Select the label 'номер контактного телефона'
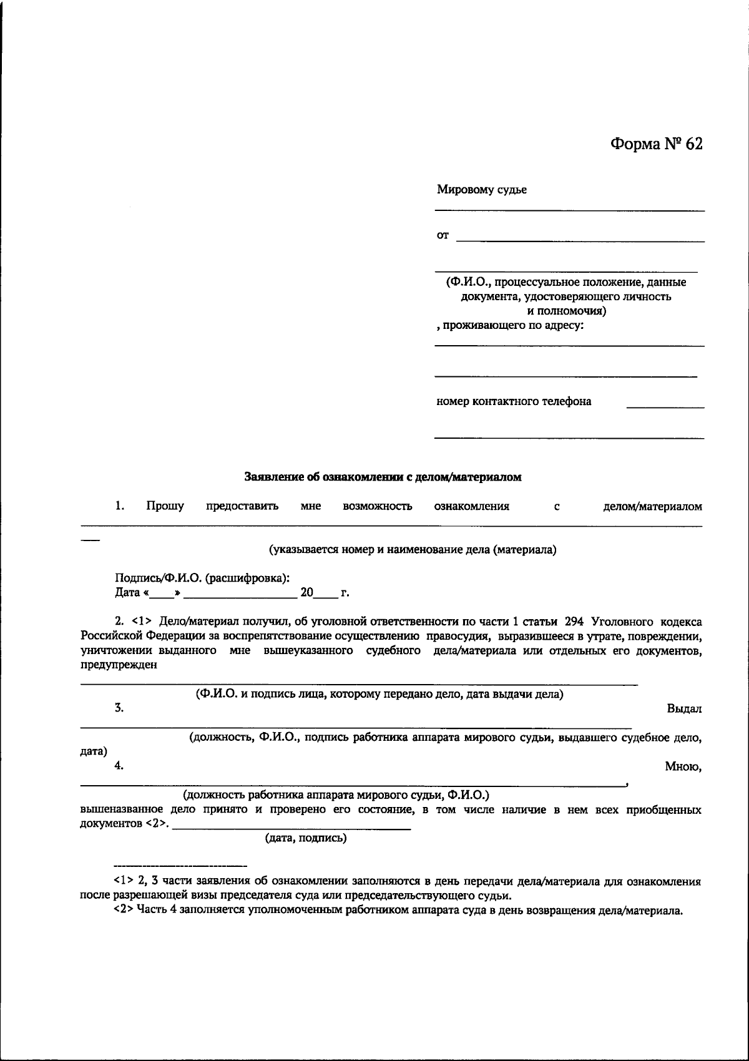pyautogui.click(x=514, y=401)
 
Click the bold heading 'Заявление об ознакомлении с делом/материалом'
pyautogui.click(x=382, y=477)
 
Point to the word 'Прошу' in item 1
pyautogui.click(x=165, y=506)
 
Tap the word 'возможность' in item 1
pyautogui.click(x=377, y=506)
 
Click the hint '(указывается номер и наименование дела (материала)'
pyautogui.click(x=413, y=550)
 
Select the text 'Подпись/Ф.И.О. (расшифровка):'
pyautogui.click(x=202, y=579)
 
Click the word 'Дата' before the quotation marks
pyautogui.click(x=127, y=593)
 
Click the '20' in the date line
pyautogui.click(x=306, y=592)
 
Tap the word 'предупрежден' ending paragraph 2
pyautogui.click(x=119, y=665)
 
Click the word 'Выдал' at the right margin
pyautogui.click(x=684, y=709)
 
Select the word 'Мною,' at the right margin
pyautogui.click(x=683, y=767)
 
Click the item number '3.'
pyautogui.click(x=119, y=708)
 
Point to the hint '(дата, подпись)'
pyautogui.click(x=306, y=838)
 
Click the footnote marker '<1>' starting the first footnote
pyautogui.click(x=122, y=882)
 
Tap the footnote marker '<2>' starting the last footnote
pyautogui.click(x=122, y=911)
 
